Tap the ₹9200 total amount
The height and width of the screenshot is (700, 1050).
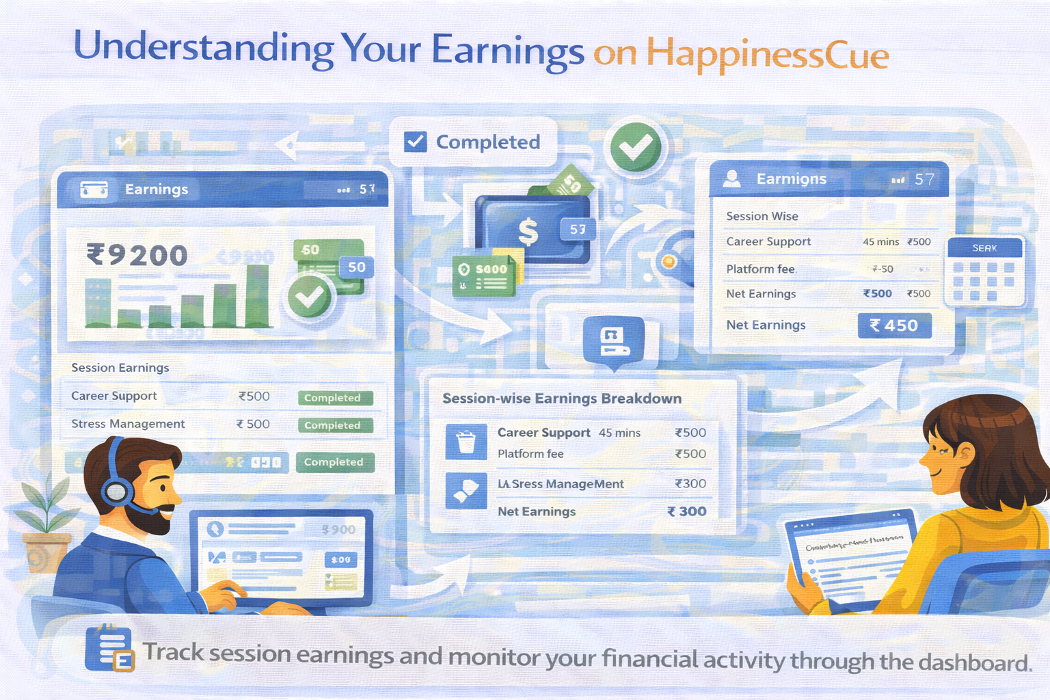137,256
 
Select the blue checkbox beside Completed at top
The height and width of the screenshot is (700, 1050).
416,142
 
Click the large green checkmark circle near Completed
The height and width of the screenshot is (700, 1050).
636,147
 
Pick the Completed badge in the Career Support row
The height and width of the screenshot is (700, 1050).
335,398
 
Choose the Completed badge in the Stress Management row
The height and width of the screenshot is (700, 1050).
335,425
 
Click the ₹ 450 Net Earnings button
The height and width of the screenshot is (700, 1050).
894,325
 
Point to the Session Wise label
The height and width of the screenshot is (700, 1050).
762,216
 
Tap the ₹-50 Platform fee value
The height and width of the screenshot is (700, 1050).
883,269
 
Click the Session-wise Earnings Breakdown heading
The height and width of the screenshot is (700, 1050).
561,399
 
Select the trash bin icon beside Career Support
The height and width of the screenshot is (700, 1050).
466,442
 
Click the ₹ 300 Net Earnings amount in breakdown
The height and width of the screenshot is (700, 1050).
686,511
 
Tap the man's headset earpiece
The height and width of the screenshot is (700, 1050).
117,490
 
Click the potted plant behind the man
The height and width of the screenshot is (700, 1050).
45,526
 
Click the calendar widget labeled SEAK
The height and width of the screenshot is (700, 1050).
984,271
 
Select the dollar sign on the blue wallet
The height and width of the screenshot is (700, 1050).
528,231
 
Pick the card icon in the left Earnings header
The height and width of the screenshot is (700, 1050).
94,189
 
